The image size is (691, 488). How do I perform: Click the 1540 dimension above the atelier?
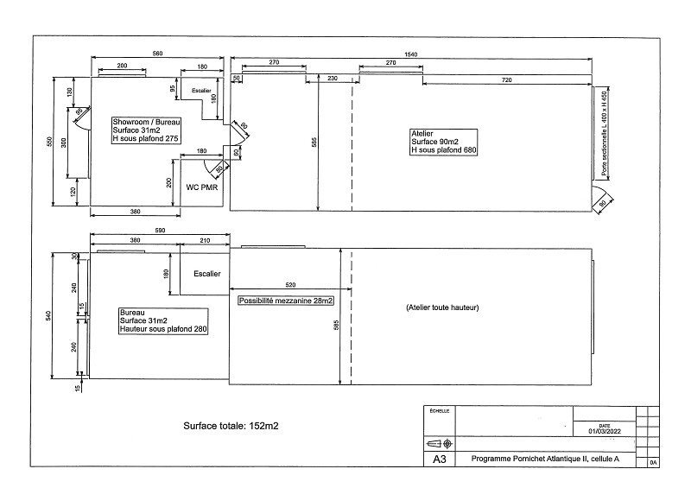(411, 54)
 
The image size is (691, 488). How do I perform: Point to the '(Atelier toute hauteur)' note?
(441, 307)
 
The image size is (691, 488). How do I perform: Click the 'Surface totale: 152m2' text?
(230, 426)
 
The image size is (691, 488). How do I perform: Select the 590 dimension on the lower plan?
(158, 231)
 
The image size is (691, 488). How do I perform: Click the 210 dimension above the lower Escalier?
(204, 240)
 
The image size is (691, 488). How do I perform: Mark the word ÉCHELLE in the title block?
(440, 412)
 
